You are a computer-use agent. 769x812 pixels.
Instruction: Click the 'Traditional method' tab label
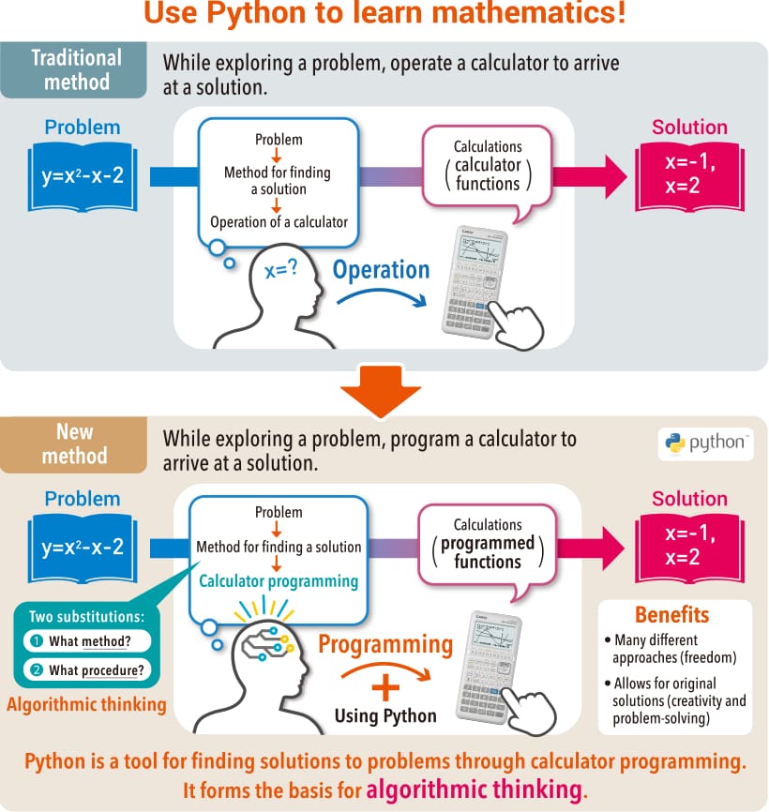click(x=77, y=70)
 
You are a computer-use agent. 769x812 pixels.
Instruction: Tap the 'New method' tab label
click(x=75, y=444)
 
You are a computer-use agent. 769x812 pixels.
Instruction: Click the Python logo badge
click(x=705, y=443)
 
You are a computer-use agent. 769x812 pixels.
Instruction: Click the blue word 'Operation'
click(x=381, y=270)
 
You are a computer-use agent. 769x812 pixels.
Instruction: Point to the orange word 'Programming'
click(x=385, y=644)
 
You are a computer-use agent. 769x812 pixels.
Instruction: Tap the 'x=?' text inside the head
click(x=281, y=270)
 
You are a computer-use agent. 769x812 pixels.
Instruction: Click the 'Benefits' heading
click(x=671, y=615)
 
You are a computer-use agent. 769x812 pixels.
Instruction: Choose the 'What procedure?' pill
click(x=86, y=669)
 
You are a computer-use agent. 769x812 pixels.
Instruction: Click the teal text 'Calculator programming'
click(x=279, y=581)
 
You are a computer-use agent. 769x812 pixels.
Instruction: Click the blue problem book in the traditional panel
click(x=83, y=175)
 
